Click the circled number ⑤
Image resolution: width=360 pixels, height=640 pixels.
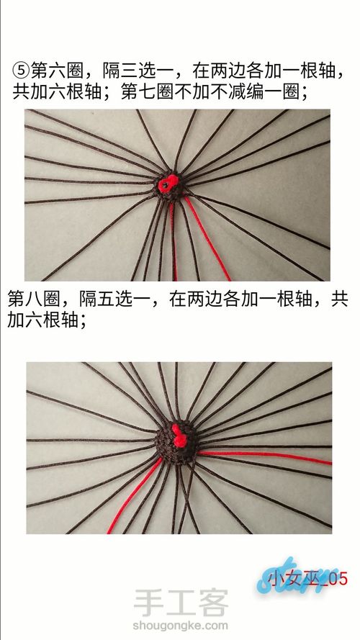tap(21, 71)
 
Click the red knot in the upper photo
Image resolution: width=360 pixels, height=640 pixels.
tap(168, 184)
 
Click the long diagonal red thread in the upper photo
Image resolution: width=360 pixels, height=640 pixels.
tap(207, 238)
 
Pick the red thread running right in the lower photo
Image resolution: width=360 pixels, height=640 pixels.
tap(265, 456)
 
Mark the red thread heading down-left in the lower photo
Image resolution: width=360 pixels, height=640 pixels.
tap(135, 495)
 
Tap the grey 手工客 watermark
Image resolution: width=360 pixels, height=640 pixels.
tap(181, 603)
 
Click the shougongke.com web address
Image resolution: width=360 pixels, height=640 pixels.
tap(181, 626)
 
